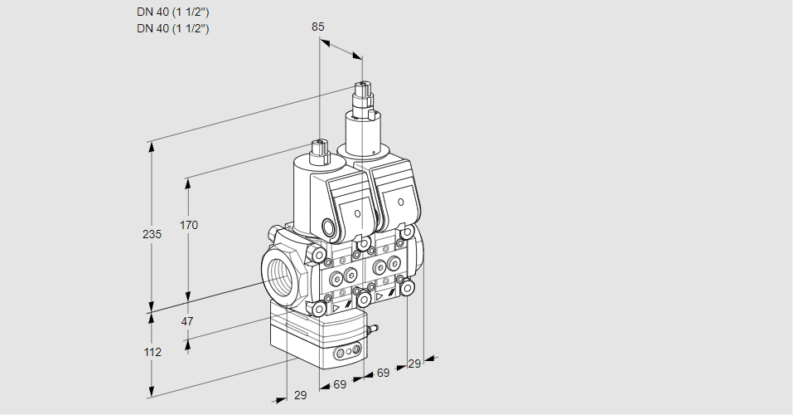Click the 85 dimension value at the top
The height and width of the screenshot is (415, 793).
pyautogui.click(x=317, y=27)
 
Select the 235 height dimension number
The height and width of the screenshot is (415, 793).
pyautogui.click(x=152, y=235)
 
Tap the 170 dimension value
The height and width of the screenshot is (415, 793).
pyautogui.click(x=190, y=225)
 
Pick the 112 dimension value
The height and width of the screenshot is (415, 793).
pyautogui.click(x=152, y=352)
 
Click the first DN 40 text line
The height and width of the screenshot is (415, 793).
pyautogui.click(x=172, y=12)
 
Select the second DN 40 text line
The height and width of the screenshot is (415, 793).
pyautogui.click(x=172, y=28)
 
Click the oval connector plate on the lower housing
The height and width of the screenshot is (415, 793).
pyautogui.click(x=346, y=354)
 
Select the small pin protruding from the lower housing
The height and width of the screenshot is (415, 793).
pyautogui.click(x=373, y=330)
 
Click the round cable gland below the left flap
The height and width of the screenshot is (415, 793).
pyautogui.click(x=329, y=227)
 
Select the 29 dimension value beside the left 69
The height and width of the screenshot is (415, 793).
pyautogui.click(x=300, y=396)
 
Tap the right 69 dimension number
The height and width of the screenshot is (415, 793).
pyautogui.click(x=382, y=373)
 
